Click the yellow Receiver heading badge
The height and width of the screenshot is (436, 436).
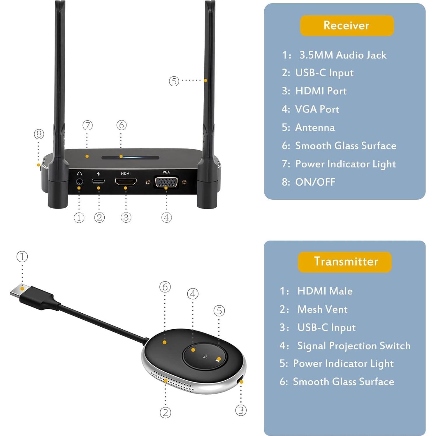347,26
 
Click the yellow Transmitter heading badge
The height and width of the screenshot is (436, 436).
345,262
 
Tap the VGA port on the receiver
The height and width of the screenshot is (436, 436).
166,182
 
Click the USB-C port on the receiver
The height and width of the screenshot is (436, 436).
98,181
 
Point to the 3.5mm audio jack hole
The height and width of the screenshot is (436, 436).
79,182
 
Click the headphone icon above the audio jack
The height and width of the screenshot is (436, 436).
79,173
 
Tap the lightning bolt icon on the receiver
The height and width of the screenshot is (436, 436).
99,174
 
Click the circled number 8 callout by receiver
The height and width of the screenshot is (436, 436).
39,134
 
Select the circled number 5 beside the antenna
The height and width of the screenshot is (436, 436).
174,81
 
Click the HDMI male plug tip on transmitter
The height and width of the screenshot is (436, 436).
20,291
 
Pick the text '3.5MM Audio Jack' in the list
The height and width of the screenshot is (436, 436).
343,55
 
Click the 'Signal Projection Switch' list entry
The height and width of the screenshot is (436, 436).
354,346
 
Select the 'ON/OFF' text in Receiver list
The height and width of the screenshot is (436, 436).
315,182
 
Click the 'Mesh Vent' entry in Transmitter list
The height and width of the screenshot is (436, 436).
322,309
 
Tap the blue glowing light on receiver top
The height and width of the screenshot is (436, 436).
121,157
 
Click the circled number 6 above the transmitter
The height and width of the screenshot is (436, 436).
165,287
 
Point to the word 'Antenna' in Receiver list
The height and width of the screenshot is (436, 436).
315,127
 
